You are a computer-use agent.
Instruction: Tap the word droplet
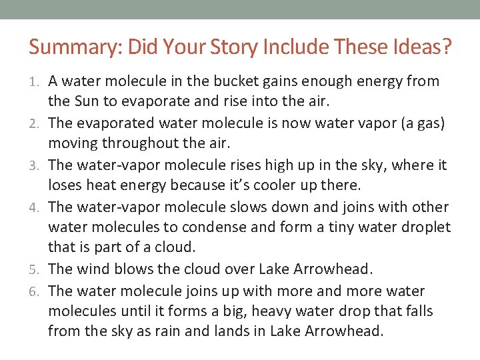click(x=427, y=228)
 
